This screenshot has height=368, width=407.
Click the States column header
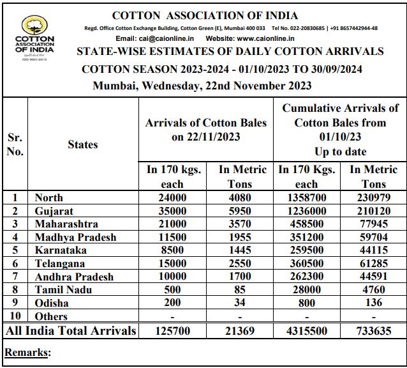(x=82, y=144)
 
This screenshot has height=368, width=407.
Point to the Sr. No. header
(x=15, y=144)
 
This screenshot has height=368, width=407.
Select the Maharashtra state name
(x=66, y=224)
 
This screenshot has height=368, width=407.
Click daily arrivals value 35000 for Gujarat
(x=173, y=211)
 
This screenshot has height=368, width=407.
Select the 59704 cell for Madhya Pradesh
(x=374, y=237)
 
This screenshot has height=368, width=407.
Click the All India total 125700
(x=173, y=330)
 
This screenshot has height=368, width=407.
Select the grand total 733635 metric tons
(x=374, y=330)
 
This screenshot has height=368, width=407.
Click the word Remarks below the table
(x=27, y=352)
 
